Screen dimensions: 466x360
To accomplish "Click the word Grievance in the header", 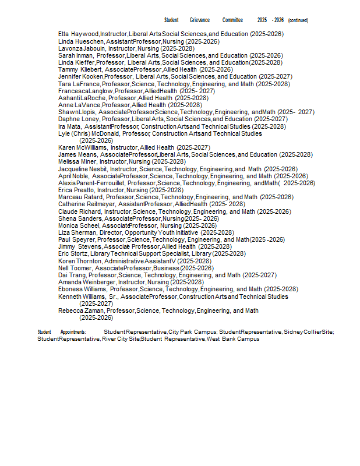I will pos(199,20).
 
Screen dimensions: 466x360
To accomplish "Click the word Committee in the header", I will pos(232,20).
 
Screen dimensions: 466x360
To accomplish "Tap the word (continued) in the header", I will pos(298,20).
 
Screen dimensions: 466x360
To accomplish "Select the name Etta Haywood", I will pos(78,34).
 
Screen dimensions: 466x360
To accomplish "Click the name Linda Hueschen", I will pos(81,41).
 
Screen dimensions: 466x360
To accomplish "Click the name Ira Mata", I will pos(69,126).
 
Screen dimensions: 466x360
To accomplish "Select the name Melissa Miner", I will pos(77,162).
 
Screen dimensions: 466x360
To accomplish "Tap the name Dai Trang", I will pos(72,275).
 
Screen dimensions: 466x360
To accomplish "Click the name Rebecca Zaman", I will pos(81,310).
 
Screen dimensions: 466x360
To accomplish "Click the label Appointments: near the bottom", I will pos(73,332).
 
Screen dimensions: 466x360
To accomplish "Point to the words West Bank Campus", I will pos(233,339).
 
